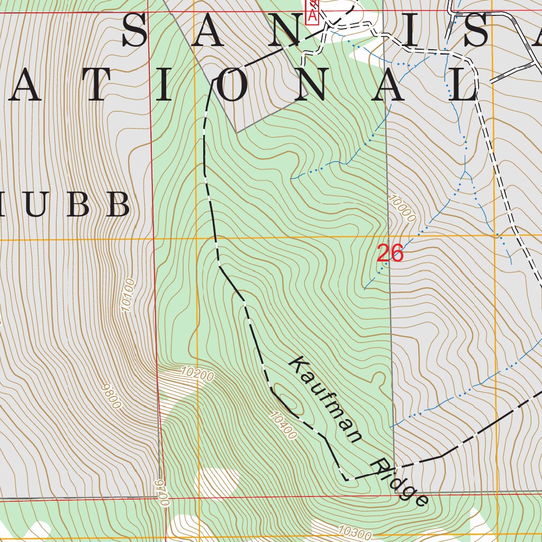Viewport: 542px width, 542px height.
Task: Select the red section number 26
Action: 390,254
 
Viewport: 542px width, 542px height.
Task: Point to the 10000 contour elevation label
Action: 401,208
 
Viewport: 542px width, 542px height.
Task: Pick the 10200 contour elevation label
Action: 197,374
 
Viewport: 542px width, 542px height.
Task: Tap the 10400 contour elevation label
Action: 283,426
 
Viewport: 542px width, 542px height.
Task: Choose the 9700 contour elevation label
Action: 162,493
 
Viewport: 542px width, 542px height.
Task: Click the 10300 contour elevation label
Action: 354,532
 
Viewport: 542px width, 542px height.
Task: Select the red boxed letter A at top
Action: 312,16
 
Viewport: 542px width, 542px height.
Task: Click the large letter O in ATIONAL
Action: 232,86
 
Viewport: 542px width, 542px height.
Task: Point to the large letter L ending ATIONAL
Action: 464,86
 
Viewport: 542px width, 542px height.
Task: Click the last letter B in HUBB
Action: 118,204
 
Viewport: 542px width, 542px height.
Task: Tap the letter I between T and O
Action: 165,86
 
